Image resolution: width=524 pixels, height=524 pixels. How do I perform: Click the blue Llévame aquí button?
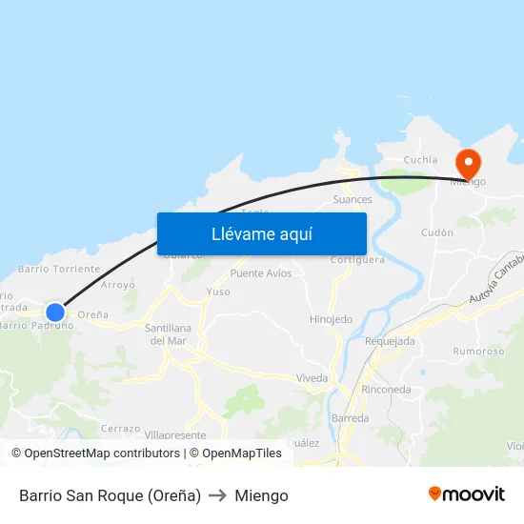(x=261, y=233)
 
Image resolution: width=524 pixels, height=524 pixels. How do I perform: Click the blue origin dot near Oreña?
(x=55, y=312)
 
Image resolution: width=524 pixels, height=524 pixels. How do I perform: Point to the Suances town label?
(x=353, y=200)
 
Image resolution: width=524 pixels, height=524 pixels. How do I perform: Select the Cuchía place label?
(x=420, y=160)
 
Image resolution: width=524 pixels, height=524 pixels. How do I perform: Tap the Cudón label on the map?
(x=437, y=232)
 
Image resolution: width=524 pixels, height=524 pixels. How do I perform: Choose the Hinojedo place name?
(x=331, y=319)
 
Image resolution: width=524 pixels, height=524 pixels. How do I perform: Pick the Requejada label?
(x=390, y=341)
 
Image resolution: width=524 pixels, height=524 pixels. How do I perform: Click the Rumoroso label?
(x=479, y=352)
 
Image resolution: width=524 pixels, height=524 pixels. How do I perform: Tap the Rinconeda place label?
(x=386, y=390)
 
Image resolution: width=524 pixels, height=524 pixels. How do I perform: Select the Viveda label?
(x=312, y=378)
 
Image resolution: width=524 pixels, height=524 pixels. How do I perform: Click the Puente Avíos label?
(x=261, y=273)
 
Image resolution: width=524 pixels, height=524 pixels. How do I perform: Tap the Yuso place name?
(x=218, y=292)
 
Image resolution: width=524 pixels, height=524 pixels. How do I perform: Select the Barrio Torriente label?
(x=58, y=270)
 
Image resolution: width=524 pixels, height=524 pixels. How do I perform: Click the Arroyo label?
(x=117, y=285)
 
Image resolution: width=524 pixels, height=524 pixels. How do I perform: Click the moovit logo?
(x=467, y=494)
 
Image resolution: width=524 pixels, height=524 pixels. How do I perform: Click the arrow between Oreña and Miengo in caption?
(x=217, y=495)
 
